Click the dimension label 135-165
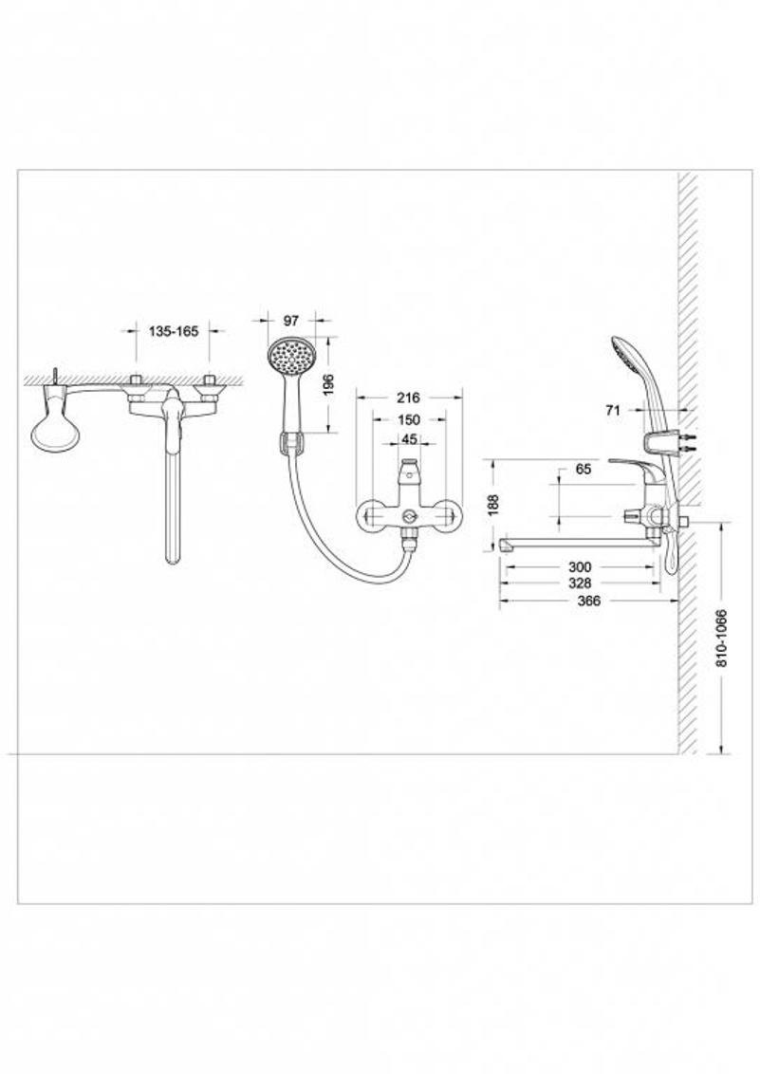pos(174,331)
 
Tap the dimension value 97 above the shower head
pos(291,321)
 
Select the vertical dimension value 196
pos(328,383)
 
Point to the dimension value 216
pos(408,398)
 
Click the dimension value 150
pos(408,420)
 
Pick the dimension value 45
pos(409,438)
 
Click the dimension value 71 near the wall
pos(613,411)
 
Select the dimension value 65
pos(584,470)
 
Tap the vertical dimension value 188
pos(495,504)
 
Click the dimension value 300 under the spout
pos(579,567)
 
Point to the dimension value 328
pos(579,583)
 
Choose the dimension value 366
pos(589,602)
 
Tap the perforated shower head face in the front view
pos(290,356)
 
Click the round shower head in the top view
pos(55,435)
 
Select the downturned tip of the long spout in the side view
pos(506,546)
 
